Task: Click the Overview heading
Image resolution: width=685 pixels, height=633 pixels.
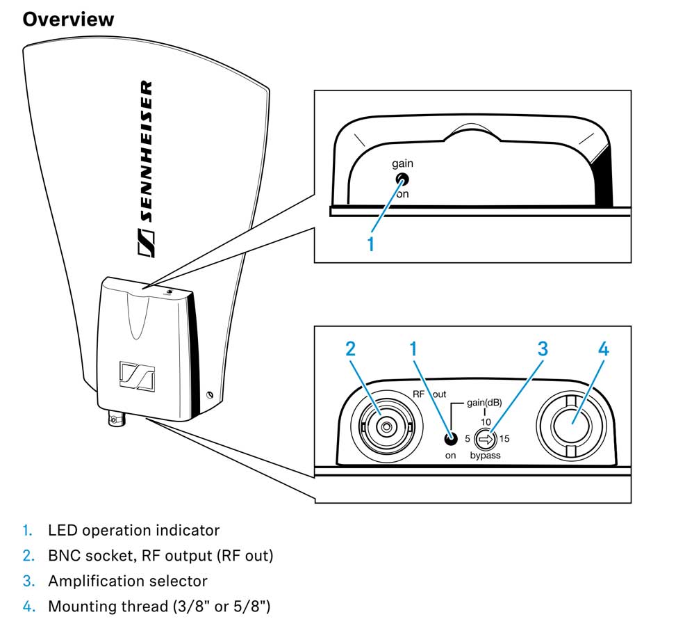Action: pyautogui.click(x=67, y=19)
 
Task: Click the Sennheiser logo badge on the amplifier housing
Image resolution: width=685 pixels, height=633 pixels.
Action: pyautogui.click(x=136, y=376)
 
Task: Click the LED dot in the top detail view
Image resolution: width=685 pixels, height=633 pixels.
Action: pyautogui.click(x=402, y=179)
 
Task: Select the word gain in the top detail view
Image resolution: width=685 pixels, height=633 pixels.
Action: pyautogui.click(x=402, y=163)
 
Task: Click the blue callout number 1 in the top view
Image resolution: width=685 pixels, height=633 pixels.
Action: pyautogui.click(x=371, y=244)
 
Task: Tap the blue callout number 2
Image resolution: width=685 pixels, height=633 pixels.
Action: pyautogui.click(x=351, y=348)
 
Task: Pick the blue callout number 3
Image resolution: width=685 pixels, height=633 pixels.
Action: pyautogui.click(x=542, y=348)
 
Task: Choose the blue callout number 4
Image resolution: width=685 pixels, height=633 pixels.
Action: pyautogui.click(x=603, y=348)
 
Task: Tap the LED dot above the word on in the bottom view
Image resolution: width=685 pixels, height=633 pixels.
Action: pyautogui.click(x=451, y=438)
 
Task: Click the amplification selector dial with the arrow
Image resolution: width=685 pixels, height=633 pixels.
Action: pyautogui.click(x=485, y=439)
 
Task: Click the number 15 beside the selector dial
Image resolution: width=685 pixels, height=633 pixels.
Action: pyautogui.click(x=504, y=439)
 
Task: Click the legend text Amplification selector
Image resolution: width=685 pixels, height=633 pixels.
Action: pyautogui.click(x=127, y=580)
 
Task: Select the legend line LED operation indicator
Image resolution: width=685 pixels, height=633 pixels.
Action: pyautogui.click(x=133, y=530)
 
